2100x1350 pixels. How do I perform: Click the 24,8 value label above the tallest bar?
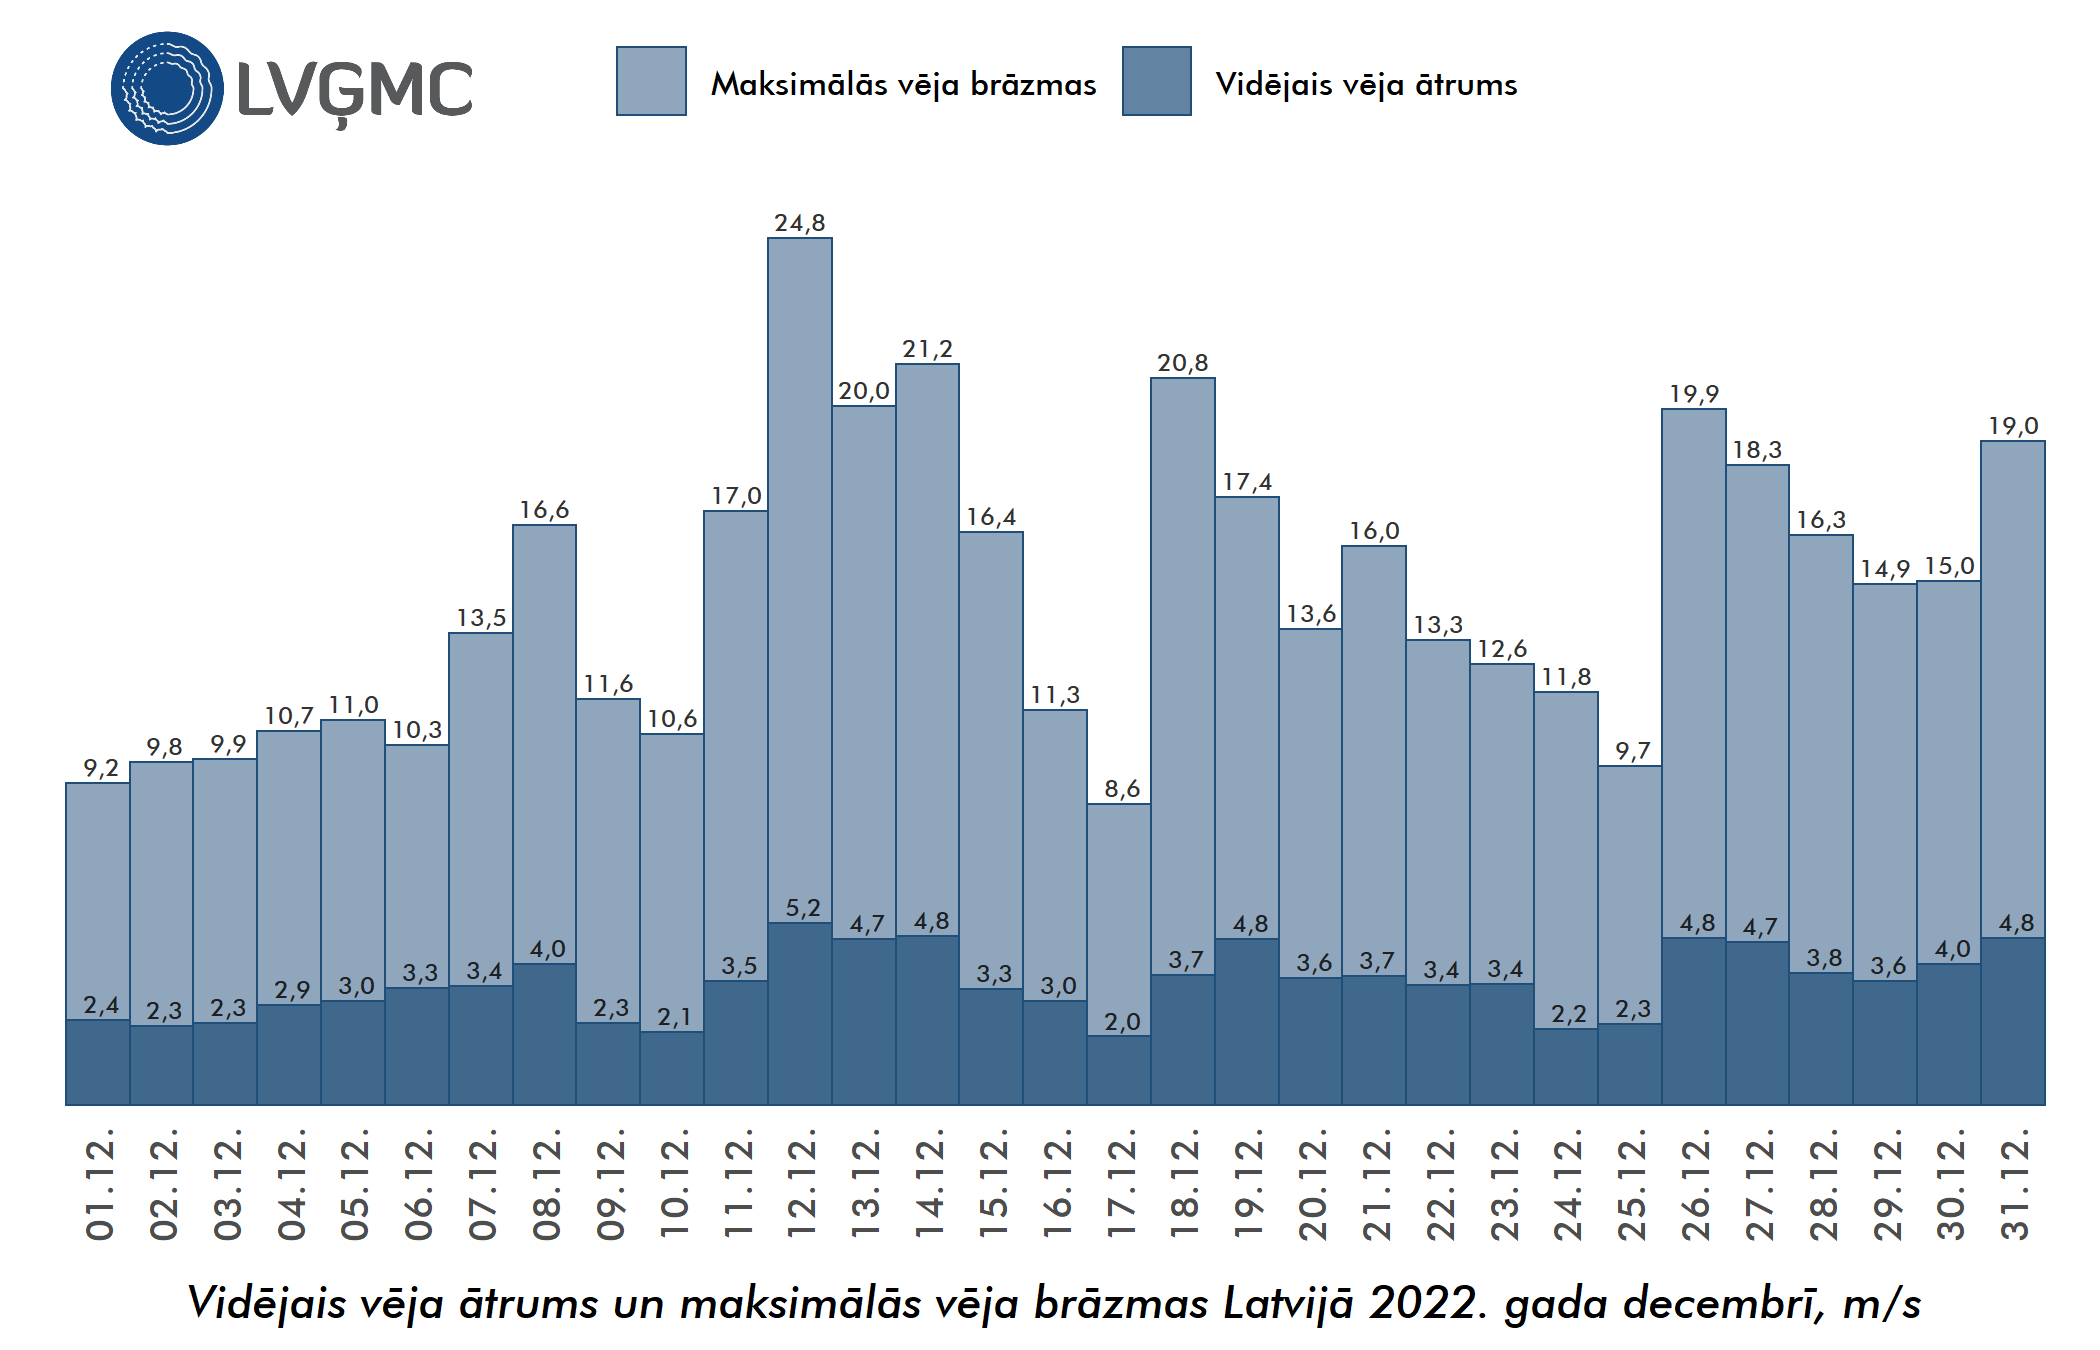(x=800, y=223)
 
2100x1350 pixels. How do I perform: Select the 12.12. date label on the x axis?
(x=801, y=1184)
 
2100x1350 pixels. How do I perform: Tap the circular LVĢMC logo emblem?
(x=167, y=88)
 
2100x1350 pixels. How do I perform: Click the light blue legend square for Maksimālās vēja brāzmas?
(x=651, y=81)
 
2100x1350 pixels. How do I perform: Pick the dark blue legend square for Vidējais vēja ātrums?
(x=1156, y=81)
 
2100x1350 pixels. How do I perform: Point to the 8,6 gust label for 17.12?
(x=1122, y=789)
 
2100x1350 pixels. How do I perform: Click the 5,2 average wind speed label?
(x=802, y=908)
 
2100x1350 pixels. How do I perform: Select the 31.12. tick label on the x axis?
(x=2014, y=1184)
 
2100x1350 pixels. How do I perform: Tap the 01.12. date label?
(x=100, y=1184)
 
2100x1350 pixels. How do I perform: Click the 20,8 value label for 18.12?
(x=1182, y=363)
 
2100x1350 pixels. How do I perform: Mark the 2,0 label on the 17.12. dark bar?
(x=1122, y=1022)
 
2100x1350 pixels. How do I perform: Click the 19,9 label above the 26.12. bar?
(x=1693, y=394)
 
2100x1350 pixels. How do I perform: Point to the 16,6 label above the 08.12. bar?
(x=544, y=510)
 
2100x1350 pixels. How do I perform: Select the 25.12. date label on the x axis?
(x=1631, y=1184)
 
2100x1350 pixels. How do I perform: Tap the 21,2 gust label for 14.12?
(x=927, y=349)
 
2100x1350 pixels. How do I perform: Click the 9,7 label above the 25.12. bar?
(x=1632, y=751)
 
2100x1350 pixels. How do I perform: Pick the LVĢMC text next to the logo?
(x=355, y=90)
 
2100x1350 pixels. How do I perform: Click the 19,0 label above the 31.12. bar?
(x=2013, y=426)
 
